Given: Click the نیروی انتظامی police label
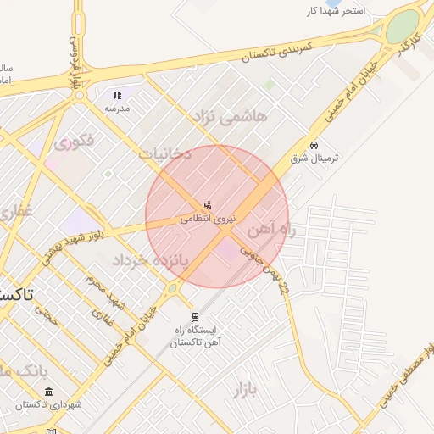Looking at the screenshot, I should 205,219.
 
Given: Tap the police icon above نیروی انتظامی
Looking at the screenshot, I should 207,205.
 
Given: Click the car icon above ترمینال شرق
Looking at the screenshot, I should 314,145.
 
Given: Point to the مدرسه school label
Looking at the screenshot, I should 116,108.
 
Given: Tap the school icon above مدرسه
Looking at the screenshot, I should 117,95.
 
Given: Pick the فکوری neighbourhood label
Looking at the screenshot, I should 74,143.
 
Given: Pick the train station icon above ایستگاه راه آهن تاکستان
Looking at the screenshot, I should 196,317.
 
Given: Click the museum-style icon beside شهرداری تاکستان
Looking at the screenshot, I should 48,392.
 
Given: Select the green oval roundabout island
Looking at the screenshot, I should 403,25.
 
